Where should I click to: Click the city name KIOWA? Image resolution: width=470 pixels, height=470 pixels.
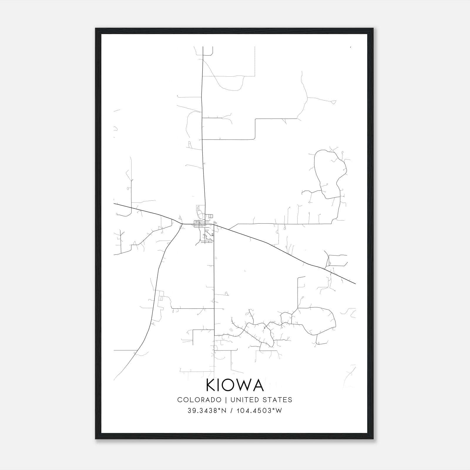point(235,385)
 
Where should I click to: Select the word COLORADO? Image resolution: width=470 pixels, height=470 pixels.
point(199,399)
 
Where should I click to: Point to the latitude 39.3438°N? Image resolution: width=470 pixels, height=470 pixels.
point(207,410)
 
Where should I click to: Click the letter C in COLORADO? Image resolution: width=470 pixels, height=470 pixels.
point(180,399)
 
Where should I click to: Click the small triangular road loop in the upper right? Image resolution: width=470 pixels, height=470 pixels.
point(333,102)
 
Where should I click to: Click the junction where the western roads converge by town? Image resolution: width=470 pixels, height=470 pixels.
point(182,224)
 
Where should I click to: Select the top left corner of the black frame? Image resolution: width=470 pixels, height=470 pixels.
point(96,29)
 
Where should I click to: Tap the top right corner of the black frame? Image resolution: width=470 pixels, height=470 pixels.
point(373,29)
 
